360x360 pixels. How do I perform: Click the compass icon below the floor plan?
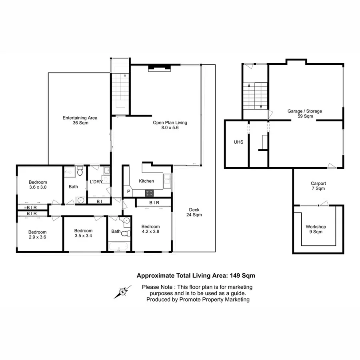122,292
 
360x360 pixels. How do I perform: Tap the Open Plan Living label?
170,125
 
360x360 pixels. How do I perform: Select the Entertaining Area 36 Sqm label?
80,120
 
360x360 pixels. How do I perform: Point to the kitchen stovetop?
150,192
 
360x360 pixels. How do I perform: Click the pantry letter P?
128,192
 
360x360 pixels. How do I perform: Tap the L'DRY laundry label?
96,182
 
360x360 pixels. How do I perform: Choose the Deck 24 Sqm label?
194,212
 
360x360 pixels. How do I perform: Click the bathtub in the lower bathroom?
118,246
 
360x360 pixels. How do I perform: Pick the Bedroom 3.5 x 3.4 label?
83,233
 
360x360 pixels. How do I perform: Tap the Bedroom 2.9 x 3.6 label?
37,234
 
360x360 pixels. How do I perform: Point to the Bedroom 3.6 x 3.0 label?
38,184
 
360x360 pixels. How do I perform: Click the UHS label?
238,142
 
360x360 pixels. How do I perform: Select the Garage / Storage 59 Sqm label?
305,114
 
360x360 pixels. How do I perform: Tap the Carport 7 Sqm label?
318,186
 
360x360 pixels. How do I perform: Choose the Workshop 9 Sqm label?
316,229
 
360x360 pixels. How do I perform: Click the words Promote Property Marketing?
214,299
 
